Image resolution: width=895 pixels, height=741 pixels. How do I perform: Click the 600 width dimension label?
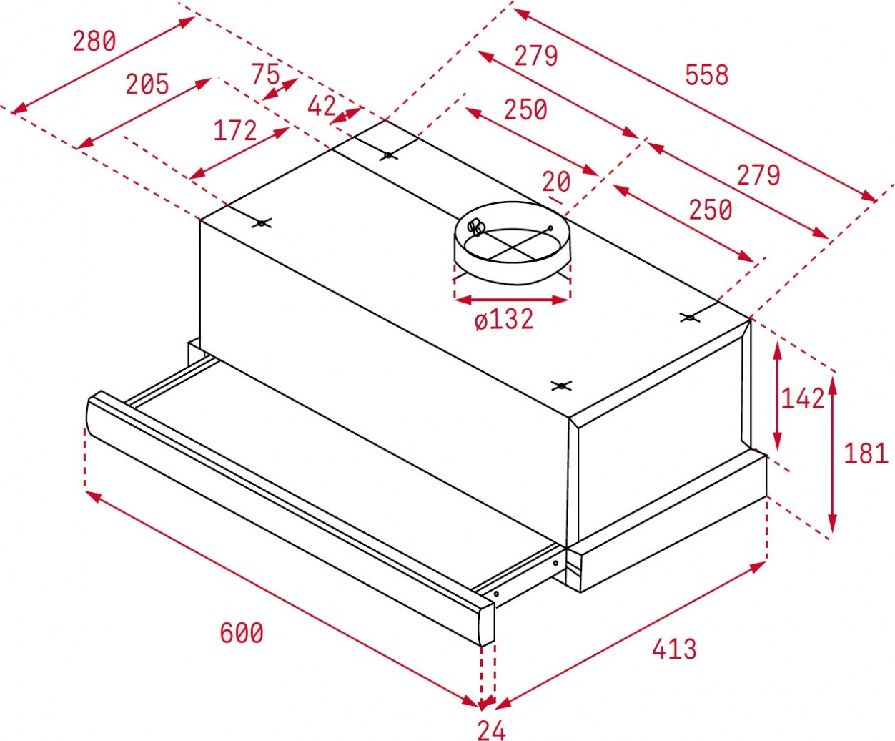242,632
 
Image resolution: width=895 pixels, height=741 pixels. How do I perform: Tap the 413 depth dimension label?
674,649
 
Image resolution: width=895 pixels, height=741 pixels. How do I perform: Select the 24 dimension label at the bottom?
492,730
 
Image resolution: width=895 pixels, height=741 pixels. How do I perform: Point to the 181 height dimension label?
866,453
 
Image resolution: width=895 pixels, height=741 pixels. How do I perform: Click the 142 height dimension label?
803,398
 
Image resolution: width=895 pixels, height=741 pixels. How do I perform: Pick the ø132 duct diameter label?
504,319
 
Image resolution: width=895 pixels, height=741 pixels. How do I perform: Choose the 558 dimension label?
707,74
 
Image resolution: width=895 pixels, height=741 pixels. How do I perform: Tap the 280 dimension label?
94,41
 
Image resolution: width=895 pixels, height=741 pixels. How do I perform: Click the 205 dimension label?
147,84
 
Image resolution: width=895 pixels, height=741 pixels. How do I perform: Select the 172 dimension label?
235,130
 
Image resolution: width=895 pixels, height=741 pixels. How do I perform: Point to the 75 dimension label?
266,74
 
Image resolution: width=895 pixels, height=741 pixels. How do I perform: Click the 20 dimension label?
556,182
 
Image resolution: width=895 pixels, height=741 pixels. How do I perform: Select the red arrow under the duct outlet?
512,300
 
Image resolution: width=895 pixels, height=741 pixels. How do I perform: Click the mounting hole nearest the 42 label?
388,155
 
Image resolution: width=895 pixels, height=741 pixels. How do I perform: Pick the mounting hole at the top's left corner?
262,223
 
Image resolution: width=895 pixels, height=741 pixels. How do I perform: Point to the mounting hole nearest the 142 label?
690,318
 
